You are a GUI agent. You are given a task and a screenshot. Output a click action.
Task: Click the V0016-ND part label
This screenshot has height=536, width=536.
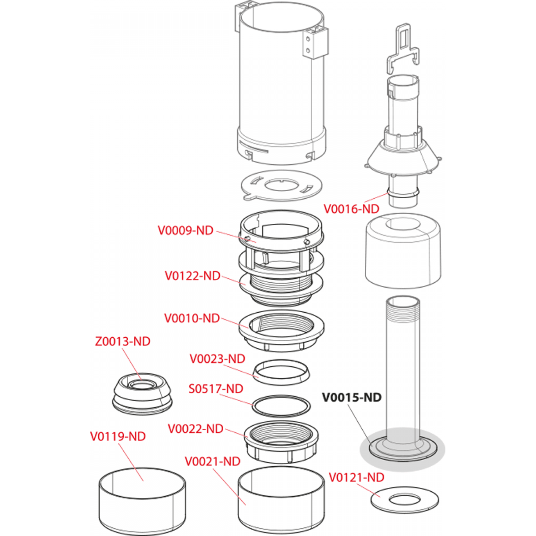[x=351, y=209]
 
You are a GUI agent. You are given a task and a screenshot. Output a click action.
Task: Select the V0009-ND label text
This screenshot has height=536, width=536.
[x=185, y=230]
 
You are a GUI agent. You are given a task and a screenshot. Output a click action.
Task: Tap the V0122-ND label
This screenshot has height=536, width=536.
[x=192, y=276]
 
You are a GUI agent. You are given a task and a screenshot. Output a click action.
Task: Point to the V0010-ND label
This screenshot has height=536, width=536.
[x=192, y=318]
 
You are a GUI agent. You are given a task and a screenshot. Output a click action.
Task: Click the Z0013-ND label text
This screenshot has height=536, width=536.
[x=123, y=341]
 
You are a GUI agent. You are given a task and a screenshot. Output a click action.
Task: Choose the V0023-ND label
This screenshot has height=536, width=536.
[x=217, y=359]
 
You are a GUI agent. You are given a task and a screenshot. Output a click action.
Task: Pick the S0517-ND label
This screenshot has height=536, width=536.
[x=216, y=388]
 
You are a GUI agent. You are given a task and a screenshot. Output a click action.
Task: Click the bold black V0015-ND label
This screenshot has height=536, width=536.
[x=352, y=397]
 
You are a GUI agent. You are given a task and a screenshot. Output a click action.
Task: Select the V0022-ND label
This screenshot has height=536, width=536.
[x=195, y=429]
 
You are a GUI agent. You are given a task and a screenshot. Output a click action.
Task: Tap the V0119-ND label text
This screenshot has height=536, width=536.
[x=118, y=436]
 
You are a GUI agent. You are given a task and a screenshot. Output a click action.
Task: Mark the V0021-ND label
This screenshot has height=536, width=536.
[x=212, y=461]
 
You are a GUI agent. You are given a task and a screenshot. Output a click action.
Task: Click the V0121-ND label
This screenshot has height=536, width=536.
[x=356, y=477]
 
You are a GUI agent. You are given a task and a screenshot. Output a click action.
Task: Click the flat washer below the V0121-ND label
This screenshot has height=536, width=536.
[x=405, y=500]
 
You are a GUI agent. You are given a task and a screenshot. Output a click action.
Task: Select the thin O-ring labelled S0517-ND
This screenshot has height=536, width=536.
[x=281, y=406]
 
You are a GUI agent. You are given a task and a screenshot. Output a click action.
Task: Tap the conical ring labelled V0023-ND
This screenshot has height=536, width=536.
[x=281, y=372]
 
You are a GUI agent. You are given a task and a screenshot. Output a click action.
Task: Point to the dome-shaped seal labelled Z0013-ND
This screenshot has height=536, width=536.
[x=142, y=394]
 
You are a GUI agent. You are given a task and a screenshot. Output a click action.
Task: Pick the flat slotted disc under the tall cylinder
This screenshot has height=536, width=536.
[x=282, y=185]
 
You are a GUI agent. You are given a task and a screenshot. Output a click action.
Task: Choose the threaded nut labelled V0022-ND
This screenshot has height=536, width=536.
[x=281, y=441]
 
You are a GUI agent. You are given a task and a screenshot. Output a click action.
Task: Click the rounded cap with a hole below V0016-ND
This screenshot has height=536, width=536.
[x=403, y=251]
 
